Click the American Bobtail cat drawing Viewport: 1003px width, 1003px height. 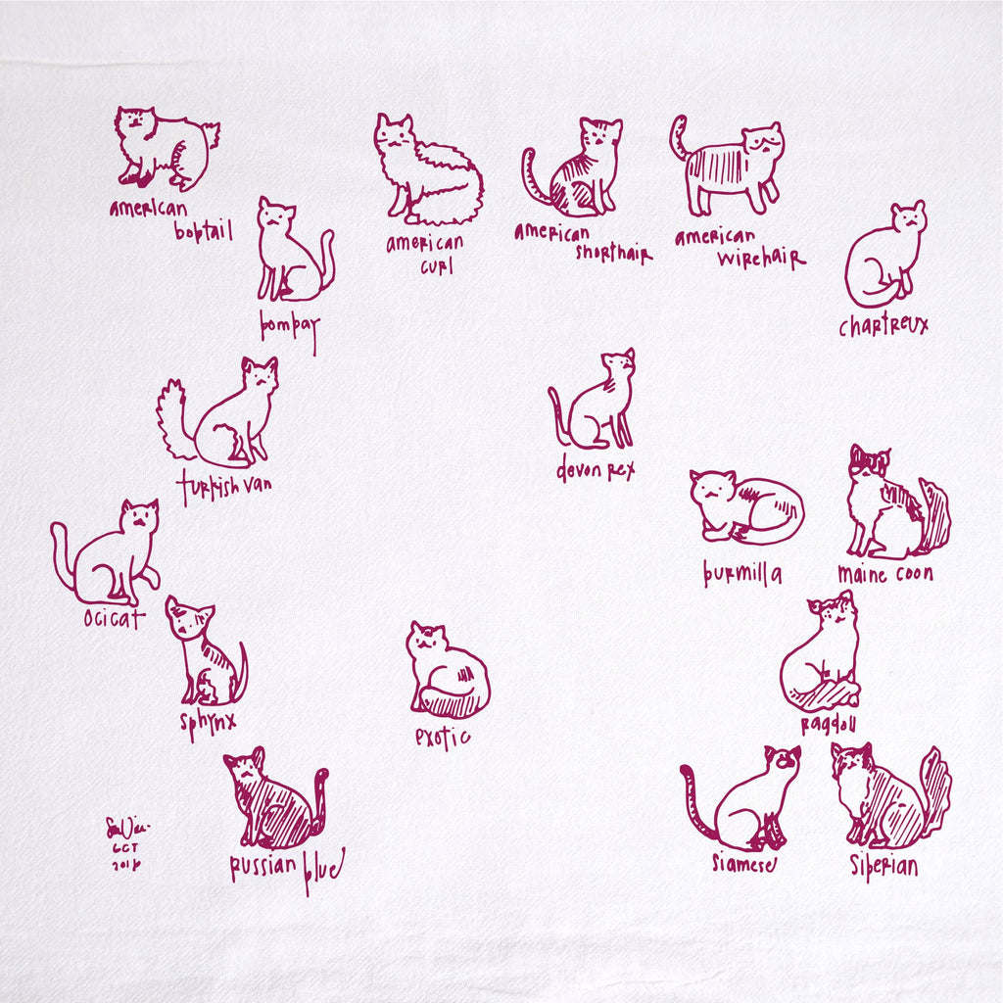tap(165, 149)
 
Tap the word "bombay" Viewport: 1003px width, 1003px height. tap(289, 325)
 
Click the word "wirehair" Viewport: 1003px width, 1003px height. tap(761, 260)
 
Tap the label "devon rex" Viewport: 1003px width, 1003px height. tap(596, 470)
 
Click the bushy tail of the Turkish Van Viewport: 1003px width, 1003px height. tap(174, 419)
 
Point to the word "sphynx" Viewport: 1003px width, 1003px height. tap(208, 726)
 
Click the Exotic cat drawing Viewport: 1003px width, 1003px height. tap(447, 674)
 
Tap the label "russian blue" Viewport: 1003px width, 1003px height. tap(286, 869)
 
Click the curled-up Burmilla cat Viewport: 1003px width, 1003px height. tap(746, 507)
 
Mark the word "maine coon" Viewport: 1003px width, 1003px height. tap(884, 574)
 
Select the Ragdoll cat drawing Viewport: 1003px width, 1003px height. tap(823, 654)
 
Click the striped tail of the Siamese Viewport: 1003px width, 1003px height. tap(699, 803)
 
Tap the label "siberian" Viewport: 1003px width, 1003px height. tap(884, 867)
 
